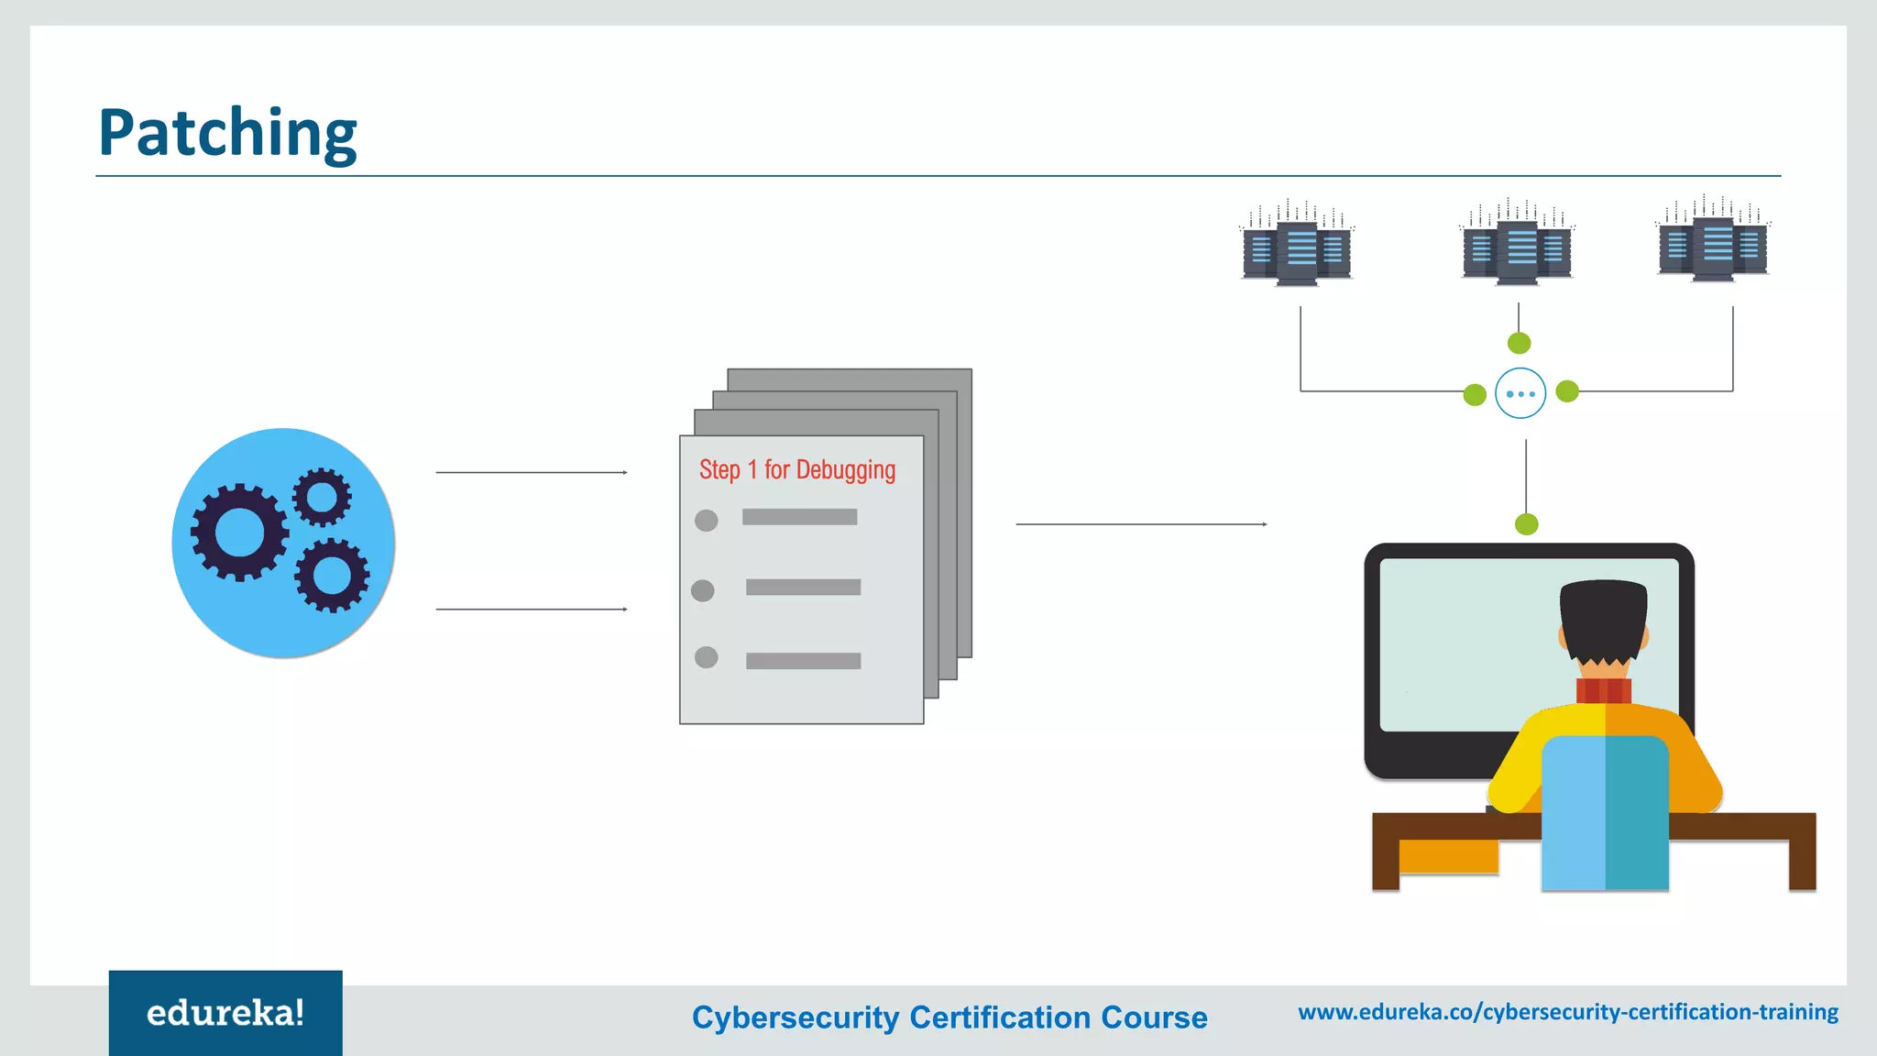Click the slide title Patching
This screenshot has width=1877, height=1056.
(227, 134)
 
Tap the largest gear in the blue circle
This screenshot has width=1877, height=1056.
(239, 532)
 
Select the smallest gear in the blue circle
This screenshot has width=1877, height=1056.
(322, 497)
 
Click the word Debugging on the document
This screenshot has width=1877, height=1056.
(845, 470)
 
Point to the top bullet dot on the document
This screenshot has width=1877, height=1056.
(706, 521)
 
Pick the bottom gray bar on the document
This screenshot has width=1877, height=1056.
(803, 661)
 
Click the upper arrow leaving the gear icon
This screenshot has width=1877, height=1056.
(532, 472)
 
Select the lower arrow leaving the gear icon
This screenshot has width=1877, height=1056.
(532, 609)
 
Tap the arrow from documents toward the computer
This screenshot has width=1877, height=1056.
(1141, 524)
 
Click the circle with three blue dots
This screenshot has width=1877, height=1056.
(1520, 393)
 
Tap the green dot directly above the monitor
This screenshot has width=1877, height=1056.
(1527, 524)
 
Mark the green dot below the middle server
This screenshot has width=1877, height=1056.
(1519, 343)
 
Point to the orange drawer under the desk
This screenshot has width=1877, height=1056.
(1448, 856)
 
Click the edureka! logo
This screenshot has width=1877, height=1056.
(225, 1013)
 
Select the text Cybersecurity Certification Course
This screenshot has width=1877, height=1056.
(949, 1017)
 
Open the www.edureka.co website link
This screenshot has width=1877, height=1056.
(1568, 1012)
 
